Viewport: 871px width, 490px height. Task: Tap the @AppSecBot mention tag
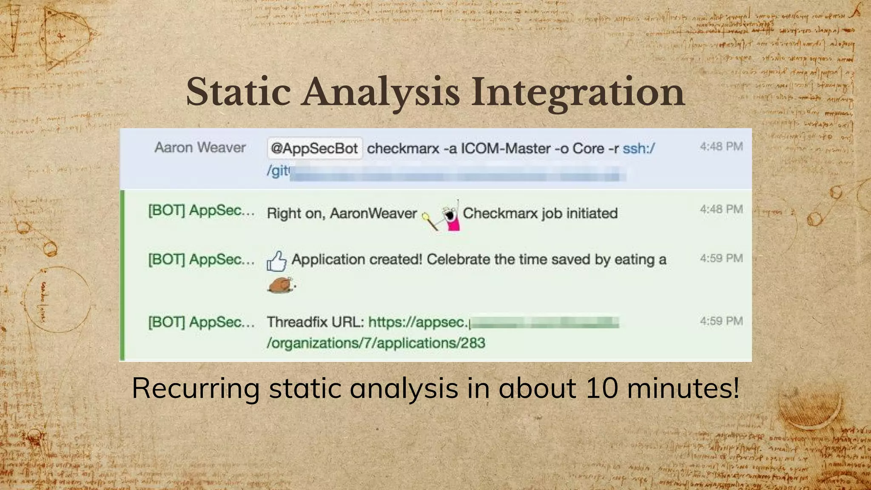click(314, 148)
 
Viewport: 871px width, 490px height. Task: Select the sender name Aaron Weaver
click(200, 148)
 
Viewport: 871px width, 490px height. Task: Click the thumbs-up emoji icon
click(277, 261)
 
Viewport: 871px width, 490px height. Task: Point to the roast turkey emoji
click(281, 285)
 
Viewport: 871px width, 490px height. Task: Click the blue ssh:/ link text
click(638, 148)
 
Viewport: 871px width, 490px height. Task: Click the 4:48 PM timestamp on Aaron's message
click(721, 147)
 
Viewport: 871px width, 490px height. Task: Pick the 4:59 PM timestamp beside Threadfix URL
click(721, 321)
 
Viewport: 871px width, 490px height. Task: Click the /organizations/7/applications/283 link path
click(376, 343)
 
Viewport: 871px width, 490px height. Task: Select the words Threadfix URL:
click(315, 322)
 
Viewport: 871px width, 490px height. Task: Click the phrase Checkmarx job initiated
click(540, 213)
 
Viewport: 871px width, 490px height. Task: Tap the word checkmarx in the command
click(403, 148)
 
